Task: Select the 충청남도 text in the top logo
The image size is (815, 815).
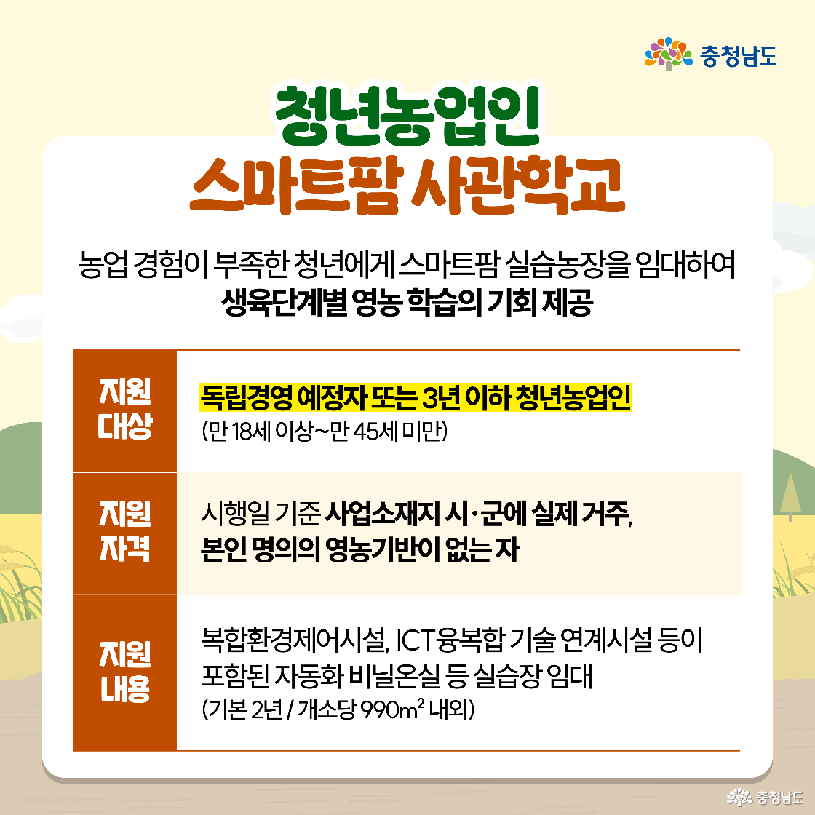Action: click(738, 55)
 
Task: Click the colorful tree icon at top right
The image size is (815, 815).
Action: click(668, 55)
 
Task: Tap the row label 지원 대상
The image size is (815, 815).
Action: click(125, 410)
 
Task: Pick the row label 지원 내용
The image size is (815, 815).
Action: click(125, 672)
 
